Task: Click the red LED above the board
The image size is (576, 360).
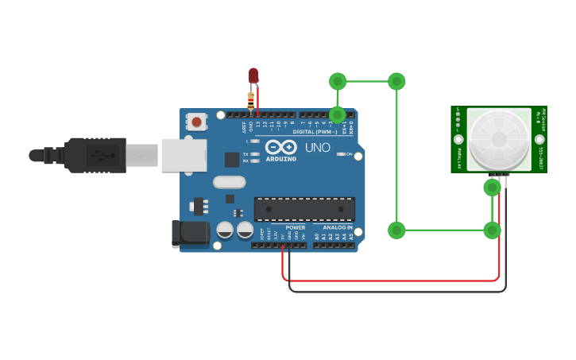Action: tap(253, 75)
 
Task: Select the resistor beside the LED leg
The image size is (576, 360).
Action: tap(251, 101)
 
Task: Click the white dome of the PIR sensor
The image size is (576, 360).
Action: tap(498, 138)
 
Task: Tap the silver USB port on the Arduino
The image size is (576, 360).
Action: tap(184, 155)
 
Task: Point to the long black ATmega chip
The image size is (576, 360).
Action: tap(304, 209)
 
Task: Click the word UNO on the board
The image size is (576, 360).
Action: tap(317, 148)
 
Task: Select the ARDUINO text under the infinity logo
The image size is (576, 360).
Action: tap(280, 159)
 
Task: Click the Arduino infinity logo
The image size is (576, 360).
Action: tap(281, 147)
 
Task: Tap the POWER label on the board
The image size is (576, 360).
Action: tap(295, 227)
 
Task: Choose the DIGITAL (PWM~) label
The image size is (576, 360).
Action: tap(314, 131)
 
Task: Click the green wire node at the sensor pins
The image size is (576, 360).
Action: tap(492, 188)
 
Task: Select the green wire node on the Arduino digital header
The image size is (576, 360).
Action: tap(338, 114)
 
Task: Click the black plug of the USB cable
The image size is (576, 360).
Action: tap(95, 155)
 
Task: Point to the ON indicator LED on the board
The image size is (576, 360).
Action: tap(342, 154)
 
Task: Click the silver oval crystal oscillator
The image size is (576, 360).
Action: tap(229, 182)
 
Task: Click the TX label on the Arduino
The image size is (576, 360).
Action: tap(245, 154)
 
